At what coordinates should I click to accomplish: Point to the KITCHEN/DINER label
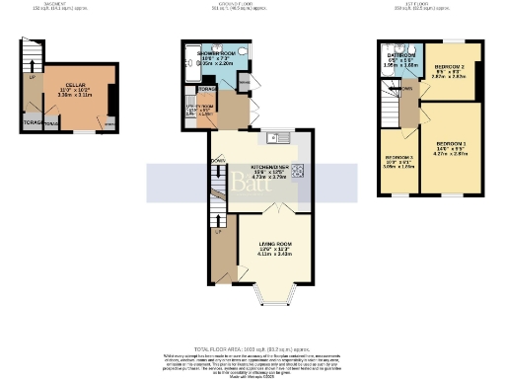click(x=268, y=168)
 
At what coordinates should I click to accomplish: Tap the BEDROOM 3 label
click(x=399, y=158)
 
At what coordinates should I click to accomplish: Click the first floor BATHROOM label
click(x=400, y=55)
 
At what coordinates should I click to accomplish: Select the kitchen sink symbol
click(x=280, y=137)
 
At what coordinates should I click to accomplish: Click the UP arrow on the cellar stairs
click(x=32, y=77)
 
